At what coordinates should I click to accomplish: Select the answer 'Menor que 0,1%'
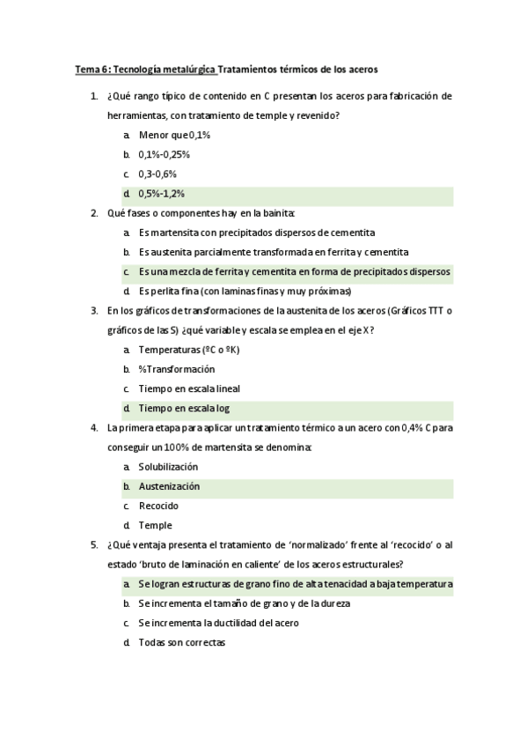click(x=174, y=135)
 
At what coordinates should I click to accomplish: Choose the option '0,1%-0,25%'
click(x=164, y=154)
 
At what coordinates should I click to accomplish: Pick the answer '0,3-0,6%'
click(x=157, y=174)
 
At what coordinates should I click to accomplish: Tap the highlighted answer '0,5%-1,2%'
click(x=161, y=193)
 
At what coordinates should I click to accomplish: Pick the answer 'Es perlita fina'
click(x=245, y=291)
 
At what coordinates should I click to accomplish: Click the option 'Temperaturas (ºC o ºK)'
click(x=189, y=350)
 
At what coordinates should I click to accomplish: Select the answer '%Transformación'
click(x=176, y=369)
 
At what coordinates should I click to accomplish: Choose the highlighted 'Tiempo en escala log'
click(x=184, y=408)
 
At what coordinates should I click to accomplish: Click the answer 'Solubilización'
click(x=168, y=467)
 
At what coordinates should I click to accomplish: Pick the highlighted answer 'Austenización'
click(x=169, y=486)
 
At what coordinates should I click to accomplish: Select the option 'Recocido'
click(x=158, y=506)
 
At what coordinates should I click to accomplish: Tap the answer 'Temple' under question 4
click(x=155, y=525)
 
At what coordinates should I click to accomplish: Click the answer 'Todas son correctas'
click(x=181, y=643)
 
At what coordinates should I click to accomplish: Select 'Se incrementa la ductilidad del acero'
click(x=218, y=624)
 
